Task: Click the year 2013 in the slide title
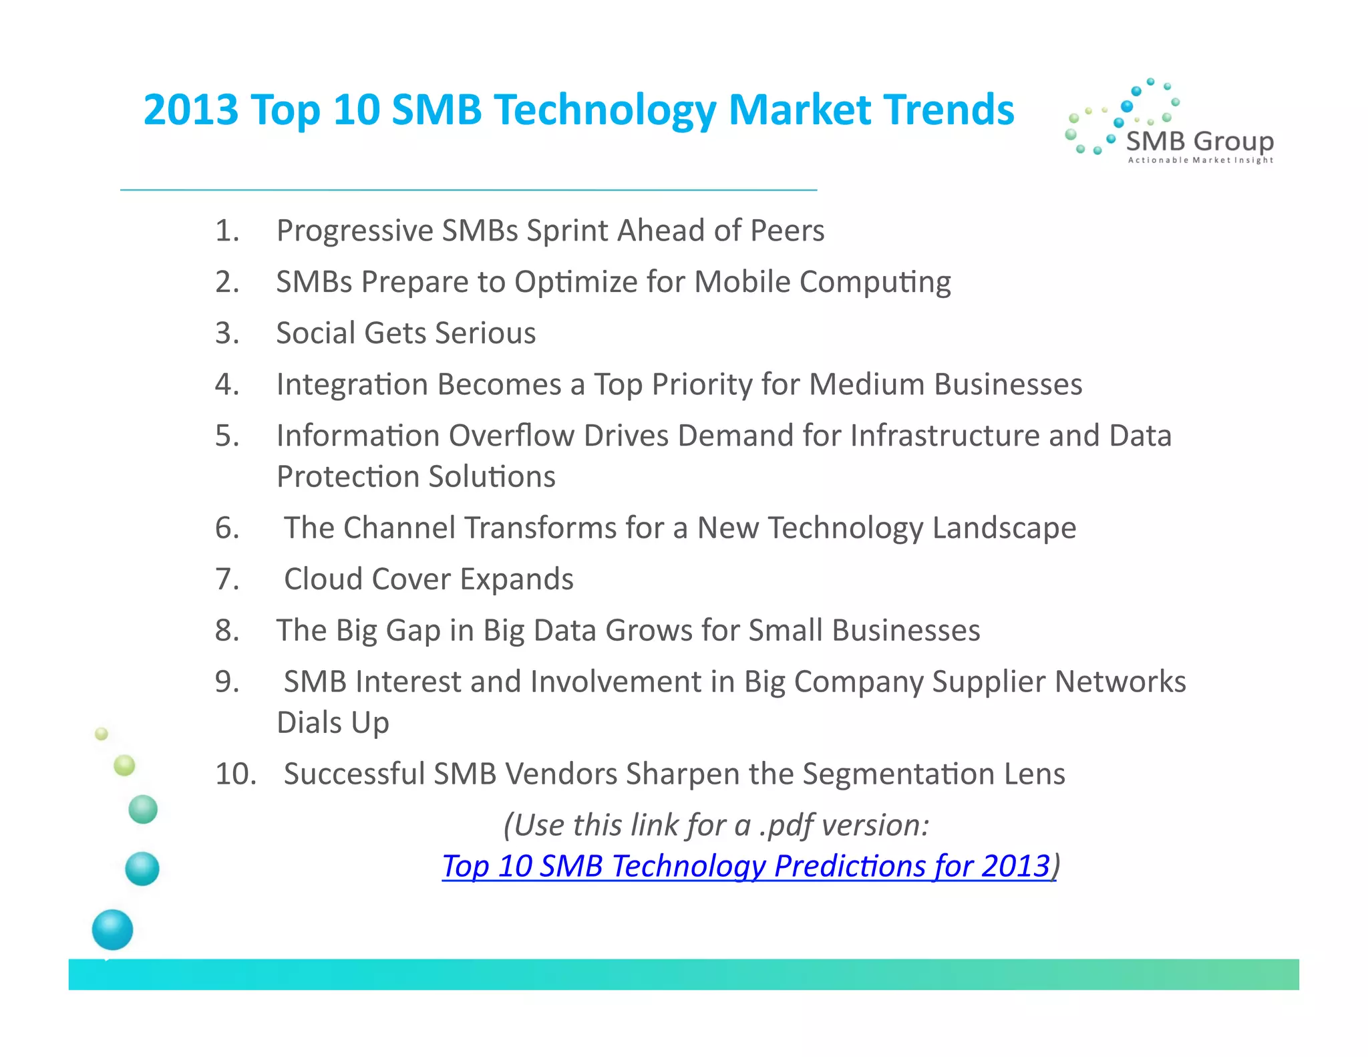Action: point(191,110)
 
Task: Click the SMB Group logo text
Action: point(1200,141)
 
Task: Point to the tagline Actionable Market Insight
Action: point(1200,160)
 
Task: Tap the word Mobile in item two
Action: point(742,282)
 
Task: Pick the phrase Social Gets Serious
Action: point(405,333)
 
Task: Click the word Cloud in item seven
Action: point(323,579)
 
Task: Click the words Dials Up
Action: point(333,723)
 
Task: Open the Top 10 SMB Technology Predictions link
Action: point(746,867)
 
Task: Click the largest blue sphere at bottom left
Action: point(112,929)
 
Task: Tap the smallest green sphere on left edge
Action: point(102,734)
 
